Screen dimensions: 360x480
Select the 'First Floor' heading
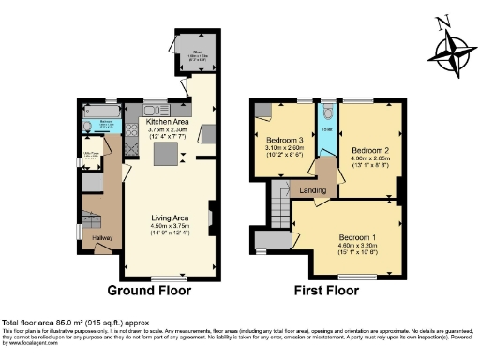click(326, 291)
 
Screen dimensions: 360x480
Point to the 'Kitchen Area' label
click(168, 122)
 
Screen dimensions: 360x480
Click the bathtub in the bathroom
click(99, 125)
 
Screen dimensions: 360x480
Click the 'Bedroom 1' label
click(357, 238)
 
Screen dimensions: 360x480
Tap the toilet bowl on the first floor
click(324, 112)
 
